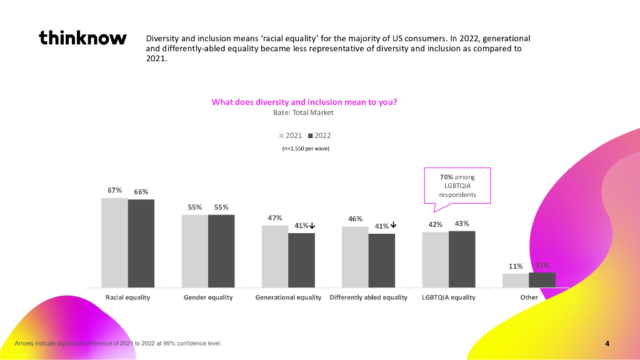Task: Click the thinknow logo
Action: click(x=82, y=38)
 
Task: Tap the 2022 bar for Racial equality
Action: click(x=141, y=244)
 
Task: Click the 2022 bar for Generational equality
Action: click(x=301, y=260)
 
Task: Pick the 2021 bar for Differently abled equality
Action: click(x=355, y=257)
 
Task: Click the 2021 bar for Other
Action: click(x=516, y=281)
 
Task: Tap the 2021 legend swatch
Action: click(x=282, y=135)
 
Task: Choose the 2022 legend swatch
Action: click(x=311, y=135)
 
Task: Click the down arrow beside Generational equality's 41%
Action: click(x=312, y=226)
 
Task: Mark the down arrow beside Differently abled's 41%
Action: click(x=393, y=226)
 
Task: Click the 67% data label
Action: click(x=114, y=191)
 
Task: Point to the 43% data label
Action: click(x=462, y=223)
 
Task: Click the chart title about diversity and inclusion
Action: click(x=304, y=102)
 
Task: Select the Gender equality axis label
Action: click(x=207, y=297)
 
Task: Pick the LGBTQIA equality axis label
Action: click(x=448, y=297)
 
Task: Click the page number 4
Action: click(x=607, y=343)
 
